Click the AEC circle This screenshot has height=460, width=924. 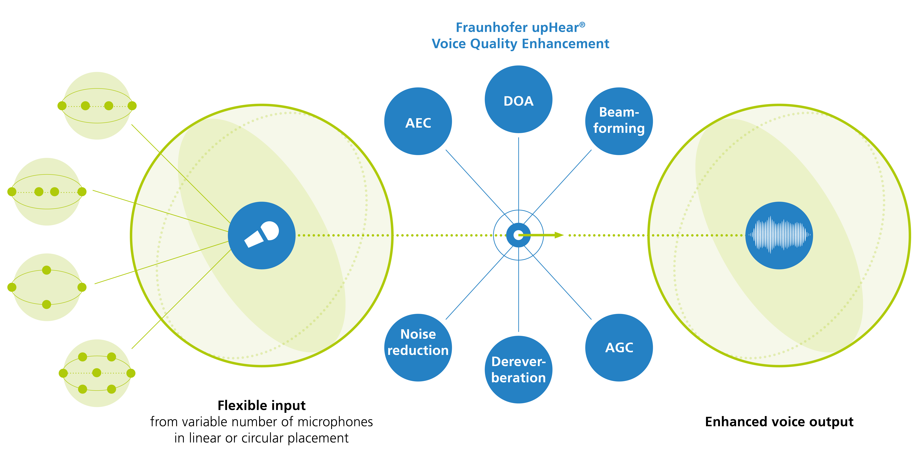418,121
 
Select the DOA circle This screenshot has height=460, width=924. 518,99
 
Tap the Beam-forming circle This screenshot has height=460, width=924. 619,121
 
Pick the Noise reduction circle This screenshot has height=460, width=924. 418,347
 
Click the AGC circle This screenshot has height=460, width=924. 619,347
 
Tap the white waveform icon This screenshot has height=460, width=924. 779,235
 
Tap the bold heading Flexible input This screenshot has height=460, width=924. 262,405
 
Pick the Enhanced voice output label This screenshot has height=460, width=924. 779,422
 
